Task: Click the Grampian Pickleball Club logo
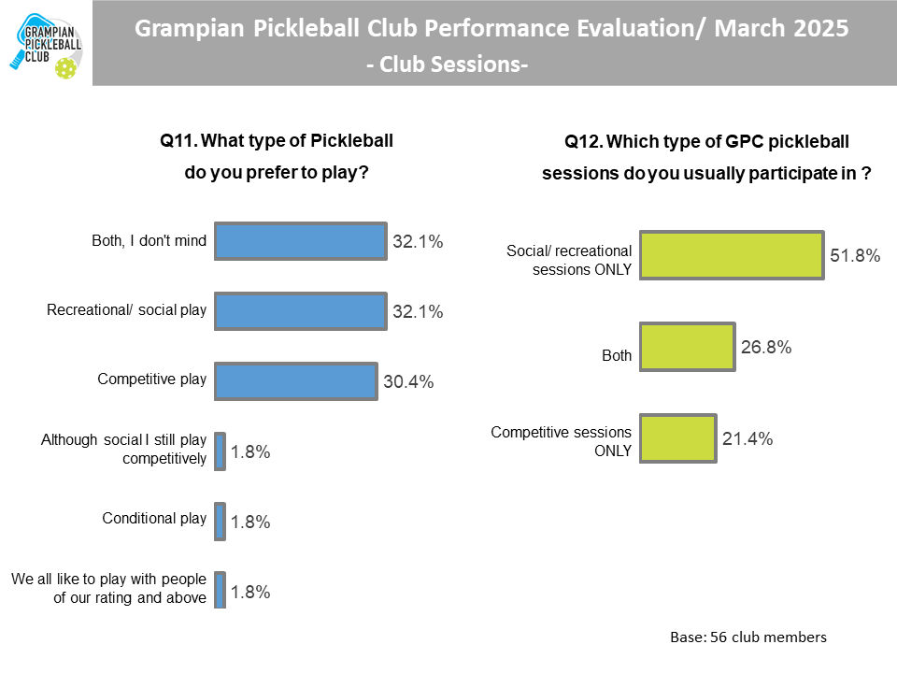(46, 43)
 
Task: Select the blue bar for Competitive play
(296, 380)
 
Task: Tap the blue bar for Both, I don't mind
(300, 241)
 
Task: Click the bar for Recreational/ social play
(300, 311)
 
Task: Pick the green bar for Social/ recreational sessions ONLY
(731, 254)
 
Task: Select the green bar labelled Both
(687, 347)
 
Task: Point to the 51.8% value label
(855, 254)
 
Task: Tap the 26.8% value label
(767, 347)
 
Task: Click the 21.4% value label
(747, 438)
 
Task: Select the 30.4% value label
(408, 381)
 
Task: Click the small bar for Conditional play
(220, 521)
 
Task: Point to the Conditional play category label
(154, 519)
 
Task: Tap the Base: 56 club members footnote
(748, 637)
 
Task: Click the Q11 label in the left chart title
(178, 141)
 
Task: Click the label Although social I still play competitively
(123, 449)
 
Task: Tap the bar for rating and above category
(220, 590)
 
